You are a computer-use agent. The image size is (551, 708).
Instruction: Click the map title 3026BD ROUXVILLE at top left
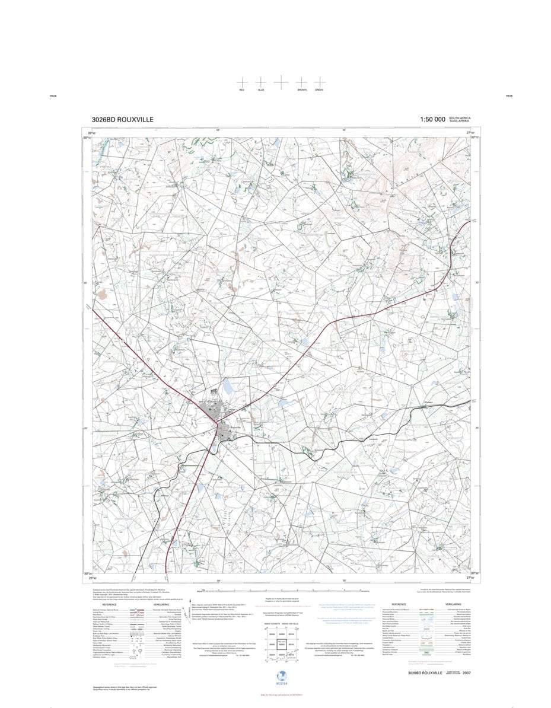tap(123, 120)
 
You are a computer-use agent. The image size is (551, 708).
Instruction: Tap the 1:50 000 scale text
tap(432, 120)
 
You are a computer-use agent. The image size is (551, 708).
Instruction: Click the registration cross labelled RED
tap(241, 82)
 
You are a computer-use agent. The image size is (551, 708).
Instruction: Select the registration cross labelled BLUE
tap(261, 82)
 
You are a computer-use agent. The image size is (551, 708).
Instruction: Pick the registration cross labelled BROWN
tap(302, 82)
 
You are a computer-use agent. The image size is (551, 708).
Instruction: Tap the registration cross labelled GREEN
tap(319, 82)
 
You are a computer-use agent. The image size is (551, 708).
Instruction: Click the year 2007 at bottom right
tap(467, 673)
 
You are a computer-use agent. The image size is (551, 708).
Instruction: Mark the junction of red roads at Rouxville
tap(217, 422)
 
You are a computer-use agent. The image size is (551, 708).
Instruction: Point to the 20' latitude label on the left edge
tap(86, 283)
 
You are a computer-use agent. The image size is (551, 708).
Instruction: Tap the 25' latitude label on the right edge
tap(476, 428)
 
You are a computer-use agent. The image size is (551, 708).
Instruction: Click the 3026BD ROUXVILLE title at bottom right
tap(426, 673)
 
